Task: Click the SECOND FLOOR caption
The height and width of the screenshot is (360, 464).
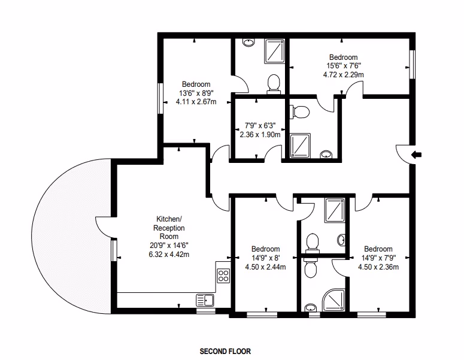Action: point(225,352)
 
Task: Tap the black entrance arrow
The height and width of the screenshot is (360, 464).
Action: point(416,155)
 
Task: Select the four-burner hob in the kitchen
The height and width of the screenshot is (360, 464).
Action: point(223,276)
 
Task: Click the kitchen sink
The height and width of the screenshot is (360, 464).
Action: point(205,300)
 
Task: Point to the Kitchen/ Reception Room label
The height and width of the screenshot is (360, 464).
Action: point(169,228)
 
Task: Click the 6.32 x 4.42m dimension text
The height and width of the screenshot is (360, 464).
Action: point(169,254)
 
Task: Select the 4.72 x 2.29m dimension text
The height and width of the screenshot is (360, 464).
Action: point(343,75)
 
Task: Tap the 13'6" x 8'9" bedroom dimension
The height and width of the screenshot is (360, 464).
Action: point(196,93)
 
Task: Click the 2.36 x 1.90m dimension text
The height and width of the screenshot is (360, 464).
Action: point(260,135)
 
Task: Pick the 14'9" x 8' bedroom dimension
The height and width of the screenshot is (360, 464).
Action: point(265,258)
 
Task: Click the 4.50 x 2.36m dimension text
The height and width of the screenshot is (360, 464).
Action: point(378,267)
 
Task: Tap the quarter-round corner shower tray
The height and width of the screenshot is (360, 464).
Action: point(333,301)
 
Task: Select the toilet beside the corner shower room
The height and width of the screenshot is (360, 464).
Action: point(310,268)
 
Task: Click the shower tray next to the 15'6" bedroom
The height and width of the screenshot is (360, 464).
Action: point(275,52)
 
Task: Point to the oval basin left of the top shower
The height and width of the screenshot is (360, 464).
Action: point(248,43)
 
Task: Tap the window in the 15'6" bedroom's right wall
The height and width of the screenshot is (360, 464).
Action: point(413,64)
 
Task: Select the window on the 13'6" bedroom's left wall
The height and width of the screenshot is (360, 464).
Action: point(160,98)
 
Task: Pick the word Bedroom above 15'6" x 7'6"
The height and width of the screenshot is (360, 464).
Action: point(343,57)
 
